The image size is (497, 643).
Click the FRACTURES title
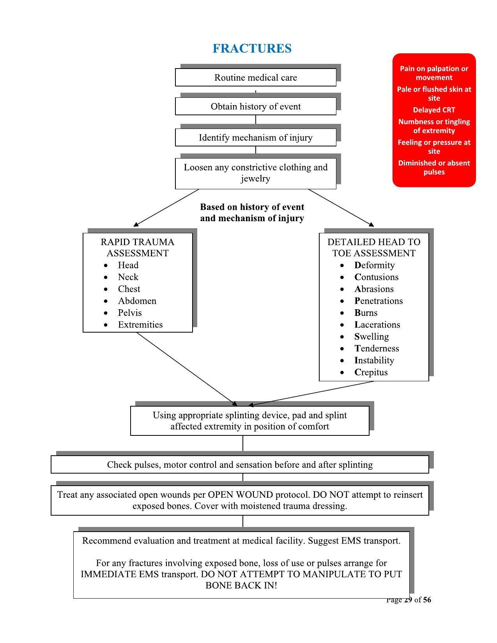tap(252, 48)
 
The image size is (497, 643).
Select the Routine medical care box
tap(255, 78)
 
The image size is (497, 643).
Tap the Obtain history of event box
tap(255, 106)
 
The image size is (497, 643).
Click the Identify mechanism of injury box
tap(255, 137)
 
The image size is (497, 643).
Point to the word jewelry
tap(255, 179)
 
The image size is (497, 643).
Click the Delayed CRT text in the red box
tap(434, 110)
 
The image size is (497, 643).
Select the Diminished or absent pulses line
tap(434, 167)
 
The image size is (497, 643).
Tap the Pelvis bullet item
tap(130, 313)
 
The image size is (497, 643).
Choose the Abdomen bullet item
tap(137, 301)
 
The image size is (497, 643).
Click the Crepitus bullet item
tap(371, 372)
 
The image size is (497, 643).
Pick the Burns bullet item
tap(366, 313)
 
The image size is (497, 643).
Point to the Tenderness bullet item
tap(376, 348)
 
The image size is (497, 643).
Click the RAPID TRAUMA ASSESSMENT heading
tap(138, 247)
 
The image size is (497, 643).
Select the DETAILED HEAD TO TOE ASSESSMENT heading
tap(374, 247)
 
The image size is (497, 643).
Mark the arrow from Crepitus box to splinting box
tap(312, 393)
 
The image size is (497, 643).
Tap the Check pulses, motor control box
tap(240, 465)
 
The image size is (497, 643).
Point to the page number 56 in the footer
tap(426, 600)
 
